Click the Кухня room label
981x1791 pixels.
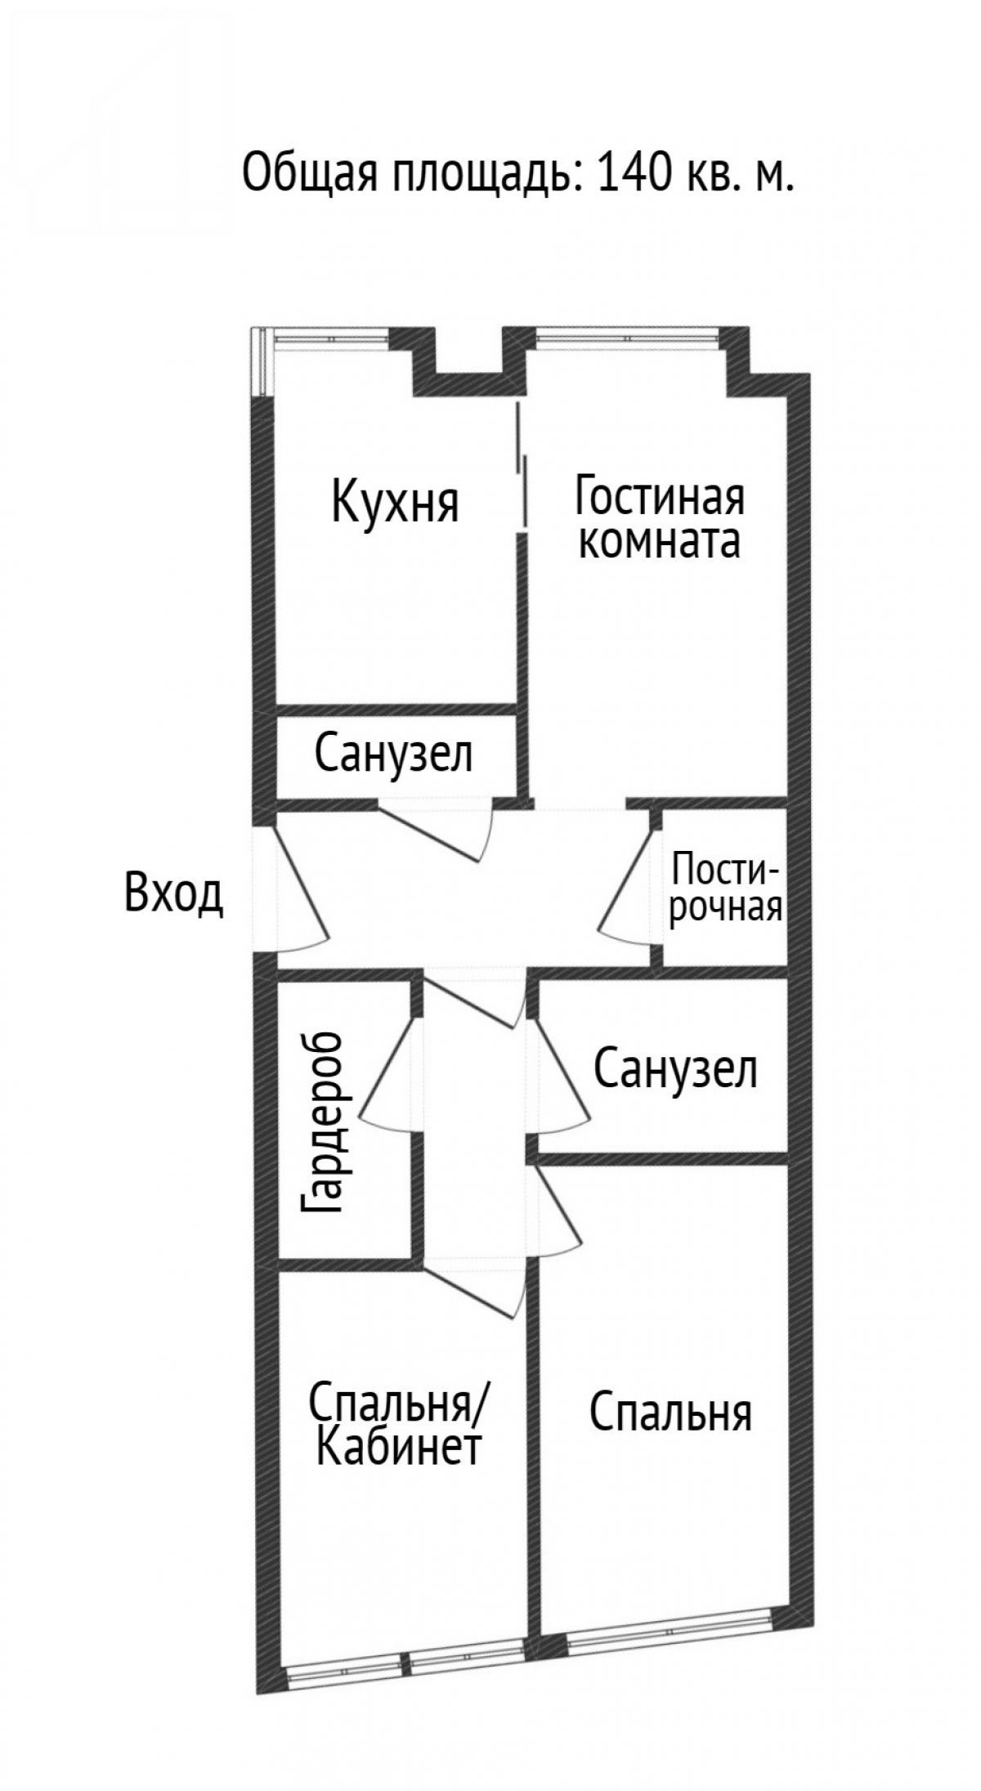click(x=395, y=502)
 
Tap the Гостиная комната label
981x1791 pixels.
click(x=659, y=519)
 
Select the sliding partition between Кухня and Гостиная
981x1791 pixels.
click(x=521, y=465)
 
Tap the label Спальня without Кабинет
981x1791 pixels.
click(x=670, y=1414)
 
